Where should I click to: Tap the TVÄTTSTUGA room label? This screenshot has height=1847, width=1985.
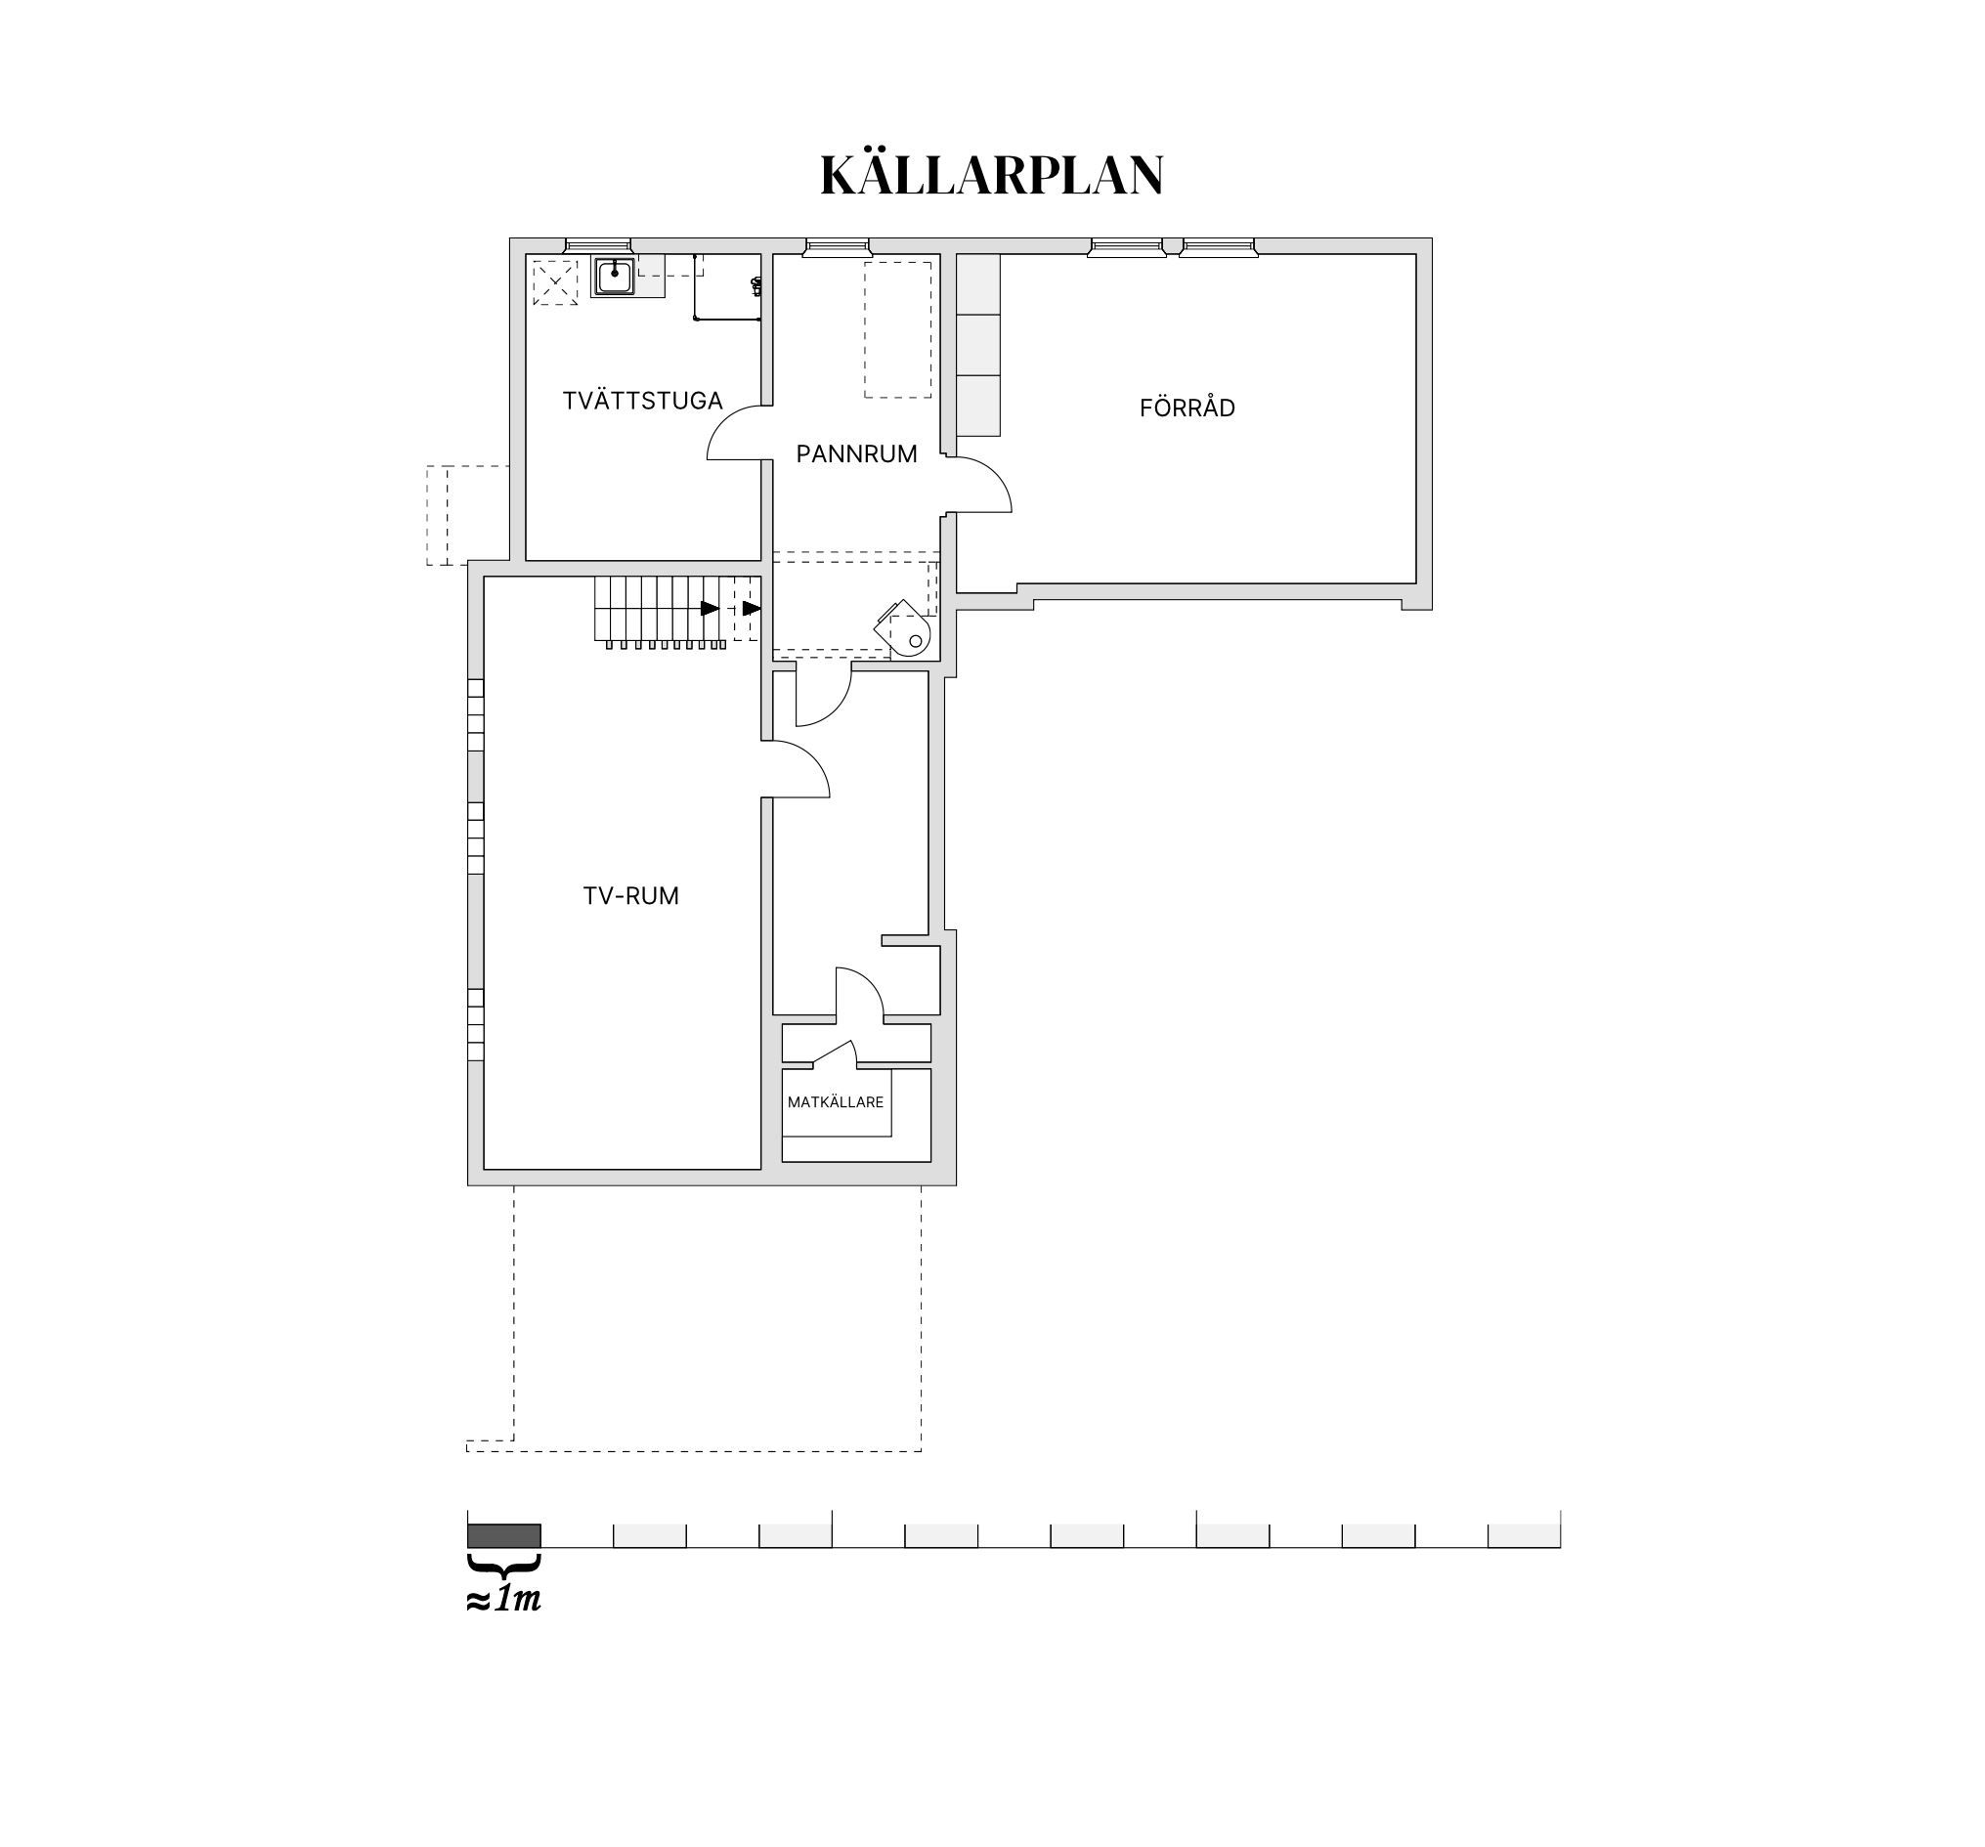tap(642, 401)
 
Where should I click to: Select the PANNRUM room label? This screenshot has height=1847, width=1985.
tap(857, 454)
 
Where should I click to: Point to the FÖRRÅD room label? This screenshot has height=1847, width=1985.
tap(1187, 408)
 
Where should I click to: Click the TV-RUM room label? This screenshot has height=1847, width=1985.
tap(631, 895)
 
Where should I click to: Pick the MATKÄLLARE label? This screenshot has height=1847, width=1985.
tap(836, 1102)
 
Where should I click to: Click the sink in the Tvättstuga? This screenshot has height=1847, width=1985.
tap(613, 277)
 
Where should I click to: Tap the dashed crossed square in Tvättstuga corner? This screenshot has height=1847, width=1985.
tap(554, 282)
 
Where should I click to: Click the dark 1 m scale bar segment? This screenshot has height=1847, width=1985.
tap(504, 1535)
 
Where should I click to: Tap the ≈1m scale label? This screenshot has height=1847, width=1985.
tap(503, 1600)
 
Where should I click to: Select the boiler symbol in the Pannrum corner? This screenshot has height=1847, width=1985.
tap(905, 628)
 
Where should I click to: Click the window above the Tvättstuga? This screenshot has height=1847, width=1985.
tap(598, 246)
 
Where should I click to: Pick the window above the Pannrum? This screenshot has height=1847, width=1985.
tap(838, 246)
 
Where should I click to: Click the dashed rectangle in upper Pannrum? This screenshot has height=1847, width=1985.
tap(897, 329)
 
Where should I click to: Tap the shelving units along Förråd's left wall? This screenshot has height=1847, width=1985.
tap(978, 344)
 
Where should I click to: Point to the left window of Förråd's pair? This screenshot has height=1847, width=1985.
tap(1126, 246)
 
